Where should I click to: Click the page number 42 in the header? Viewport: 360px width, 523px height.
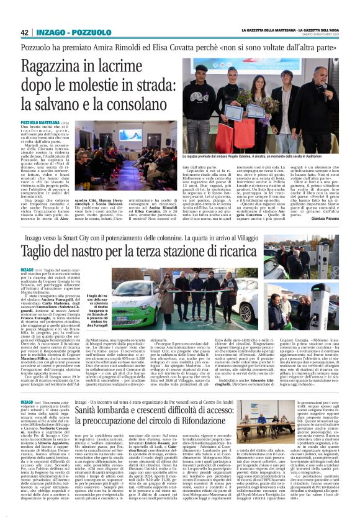click(25, 32)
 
